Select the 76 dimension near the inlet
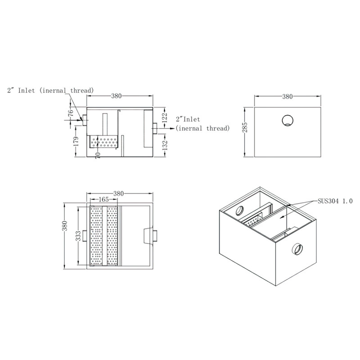[70, 113]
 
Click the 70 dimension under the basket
[98, 154]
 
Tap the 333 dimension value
[78, 236]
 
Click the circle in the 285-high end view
[287, 120]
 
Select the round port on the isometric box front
[297, 248]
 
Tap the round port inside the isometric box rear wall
[239, 210]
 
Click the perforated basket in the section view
[104, 143]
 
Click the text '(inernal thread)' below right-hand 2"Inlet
[202, 128]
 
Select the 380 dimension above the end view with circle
[287, 96]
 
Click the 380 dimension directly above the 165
[118, 193]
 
